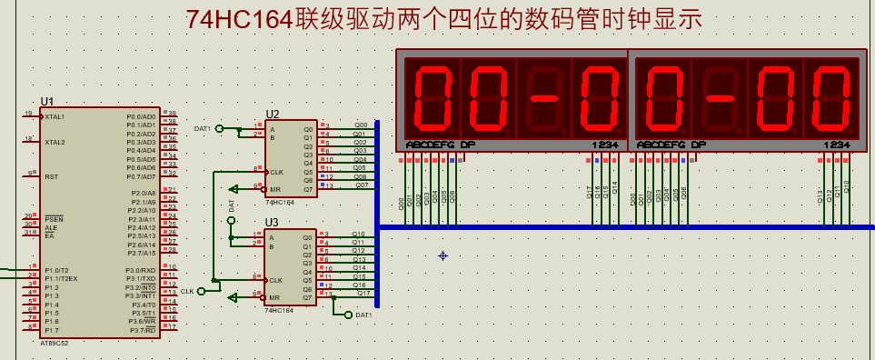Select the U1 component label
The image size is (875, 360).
point(47,101)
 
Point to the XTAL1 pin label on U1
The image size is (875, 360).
point(55,117)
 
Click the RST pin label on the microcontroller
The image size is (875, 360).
point(51,176)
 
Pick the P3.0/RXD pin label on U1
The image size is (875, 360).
point(141,270)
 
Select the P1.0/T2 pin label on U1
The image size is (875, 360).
point(56,270)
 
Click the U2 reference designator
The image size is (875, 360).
point(273,115)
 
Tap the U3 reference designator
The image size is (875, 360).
point(272,222)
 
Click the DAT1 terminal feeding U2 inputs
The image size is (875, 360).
point(202,129)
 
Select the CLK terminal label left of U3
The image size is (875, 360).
point(187,291)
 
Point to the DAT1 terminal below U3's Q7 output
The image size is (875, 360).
point(363,315)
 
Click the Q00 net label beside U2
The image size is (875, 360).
point(361,125)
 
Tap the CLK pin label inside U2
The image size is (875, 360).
point(276,171)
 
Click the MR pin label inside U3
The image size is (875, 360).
point(274,297)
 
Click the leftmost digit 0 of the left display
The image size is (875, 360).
point(432,96)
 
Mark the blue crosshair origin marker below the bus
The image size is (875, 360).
point(442,255)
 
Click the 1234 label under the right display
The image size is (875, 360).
point(837,145)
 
